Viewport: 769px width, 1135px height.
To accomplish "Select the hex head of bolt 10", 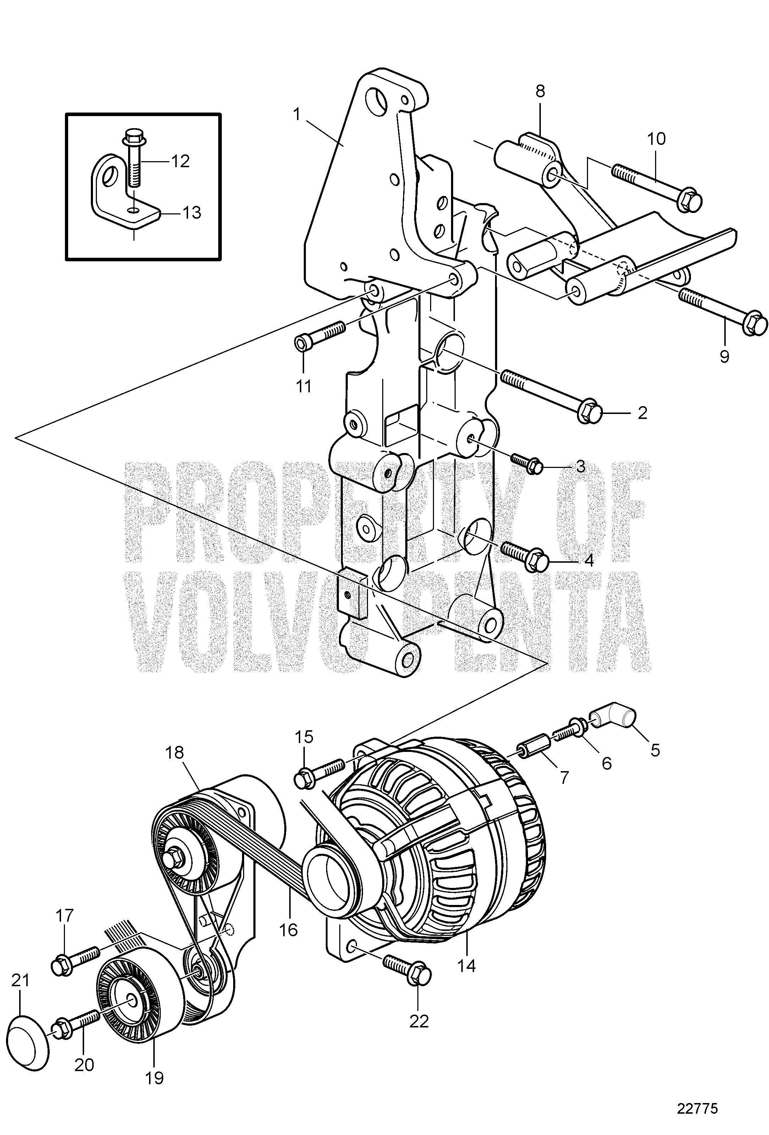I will pos(691,200).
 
